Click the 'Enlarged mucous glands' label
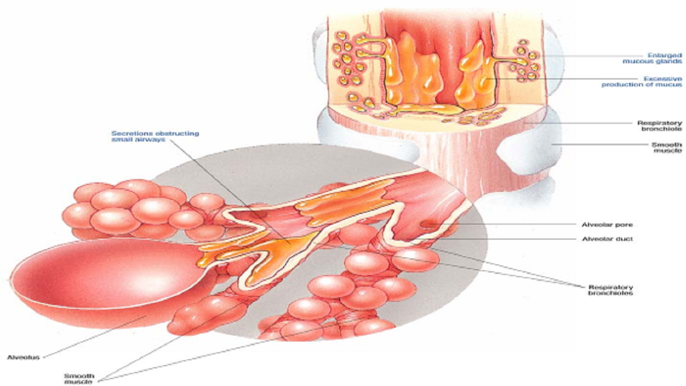click(652, 58)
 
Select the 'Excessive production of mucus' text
click(642, 81)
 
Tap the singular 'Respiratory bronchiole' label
click(659, 125)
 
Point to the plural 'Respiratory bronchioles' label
click(610, 290)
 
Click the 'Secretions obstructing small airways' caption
click(155, 136)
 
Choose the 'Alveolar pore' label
click(607, 225)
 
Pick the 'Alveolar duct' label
click(607, 239)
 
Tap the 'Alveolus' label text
click(23, 357)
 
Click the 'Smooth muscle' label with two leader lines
click(79, 378)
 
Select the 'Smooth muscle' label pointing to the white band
click(667, 147)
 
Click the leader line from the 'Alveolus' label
click(95, 337)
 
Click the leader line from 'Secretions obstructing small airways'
click(230, 192)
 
